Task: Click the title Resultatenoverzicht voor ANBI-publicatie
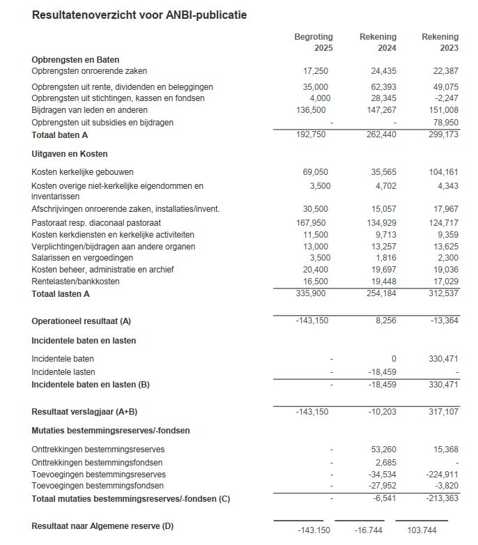tap(139, 15)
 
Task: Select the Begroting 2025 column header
tap(314, 43)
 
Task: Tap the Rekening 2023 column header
tap(440, 43)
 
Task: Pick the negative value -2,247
tap(446, 98)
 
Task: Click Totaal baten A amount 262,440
tap(380, 135)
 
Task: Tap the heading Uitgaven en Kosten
tap(70, 153)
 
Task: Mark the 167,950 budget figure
tap(312, 222)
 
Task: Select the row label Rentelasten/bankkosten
tap(75, 281)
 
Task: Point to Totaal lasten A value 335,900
tap(312, 294)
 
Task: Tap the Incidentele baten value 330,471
tap(444, 358)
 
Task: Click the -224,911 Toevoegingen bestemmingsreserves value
tap(442, 475)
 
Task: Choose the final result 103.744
tap(422, 530)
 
